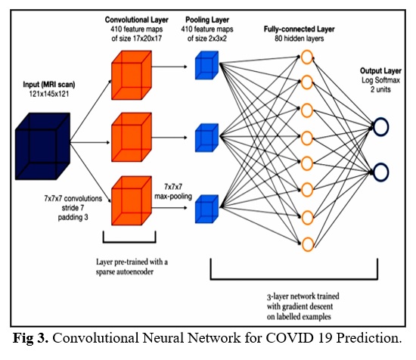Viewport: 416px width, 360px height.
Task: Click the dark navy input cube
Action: (42, 146)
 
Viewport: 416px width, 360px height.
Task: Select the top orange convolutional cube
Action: (132, 76)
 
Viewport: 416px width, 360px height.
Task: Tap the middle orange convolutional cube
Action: (132, 137)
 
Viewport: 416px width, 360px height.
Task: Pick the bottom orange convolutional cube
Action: (132, 201)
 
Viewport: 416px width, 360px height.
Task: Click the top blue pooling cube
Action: (206, 65)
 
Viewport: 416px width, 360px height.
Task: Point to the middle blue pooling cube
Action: (206, 138)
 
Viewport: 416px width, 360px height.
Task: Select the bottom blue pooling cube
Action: (206, 209)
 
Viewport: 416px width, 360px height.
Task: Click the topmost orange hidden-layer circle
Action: (307, 57)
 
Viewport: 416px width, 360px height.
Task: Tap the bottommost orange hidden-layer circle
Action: (308, 244)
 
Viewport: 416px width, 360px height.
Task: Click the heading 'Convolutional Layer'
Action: (137, 20)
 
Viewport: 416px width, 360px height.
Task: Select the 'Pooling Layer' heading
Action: (207, 20)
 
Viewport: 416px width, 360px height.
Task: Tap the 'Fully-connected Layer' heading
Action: (299, 29)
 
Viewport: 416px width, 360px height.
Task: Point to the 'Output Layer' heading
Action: (380, 71)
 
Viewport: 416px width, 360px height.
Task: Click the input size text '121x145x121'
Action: (49, 94)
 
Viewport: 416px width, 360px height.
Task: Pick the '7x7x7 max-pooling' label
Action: (173, 191)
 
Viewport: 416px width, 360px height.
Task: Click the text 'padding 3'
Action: (73, 217)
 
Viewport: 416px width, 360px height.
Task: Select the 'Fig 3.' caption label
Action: (31, 338)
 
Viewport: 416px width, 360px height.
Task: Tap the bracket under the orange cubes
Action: (129, 242)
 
